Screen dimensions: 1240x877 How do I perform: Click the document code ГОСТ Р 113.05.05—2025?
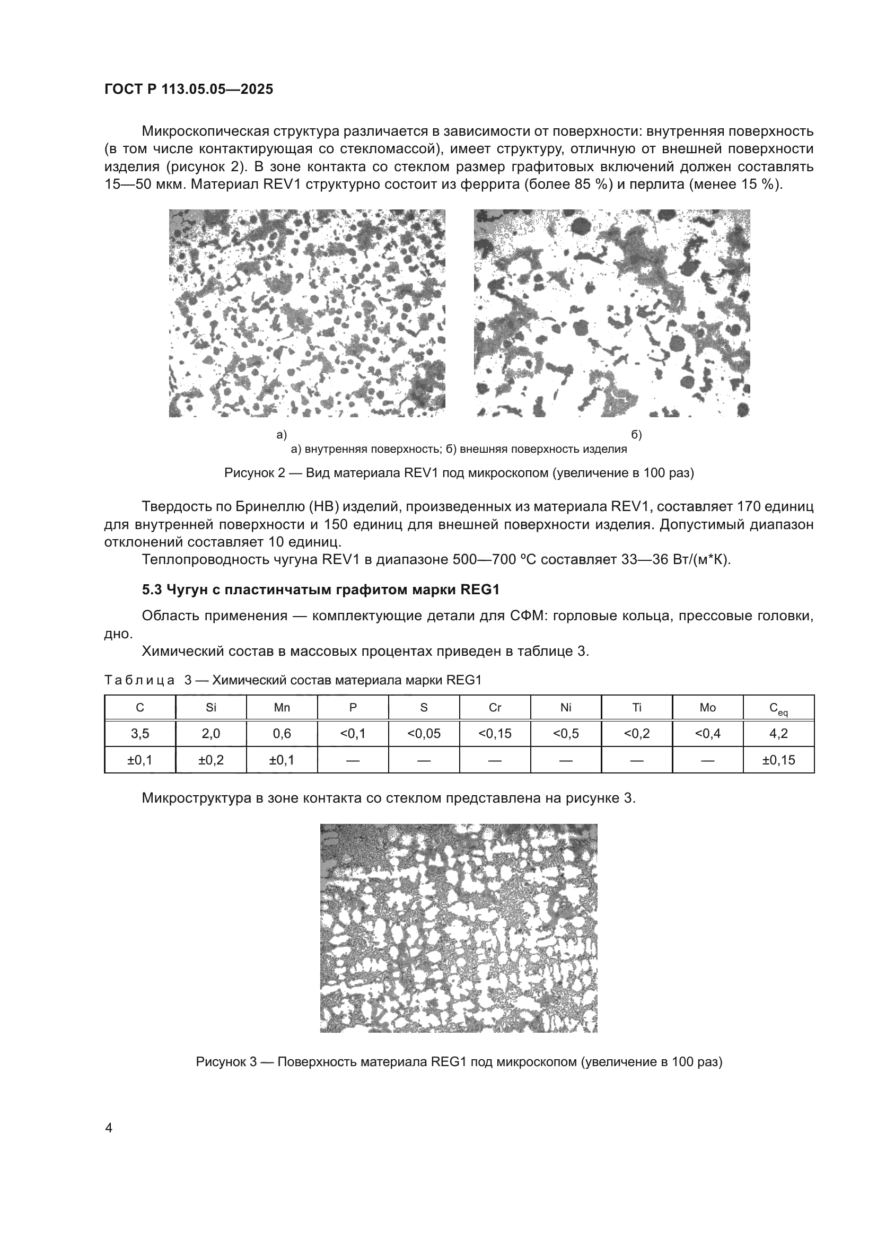click(188, 90)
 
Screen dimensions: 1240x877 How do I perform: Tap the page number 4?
click(109, 1128)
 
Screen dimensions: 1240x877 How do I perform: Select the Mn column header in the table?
click(282, 708)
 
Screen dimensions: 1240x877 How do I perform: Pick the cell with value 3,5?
click(140, 733)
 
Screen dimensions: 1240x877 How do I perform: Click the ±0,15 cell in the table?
click(778, 760)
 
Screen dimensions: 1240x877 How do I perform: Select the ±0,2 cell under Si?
click(211, 760)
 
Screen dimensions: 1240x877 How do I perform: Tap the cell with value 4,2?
click(778, 733)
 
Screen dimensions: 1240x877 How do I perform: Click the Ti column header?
click(637, 708)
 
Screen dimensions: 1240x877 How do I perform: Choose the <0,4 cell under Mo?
click(707, 733)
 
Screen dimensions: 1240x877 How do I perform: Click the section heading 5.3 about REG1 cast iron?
click(320, 590)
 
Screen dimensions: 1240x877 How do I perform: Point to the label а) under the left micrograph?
click(282, 435)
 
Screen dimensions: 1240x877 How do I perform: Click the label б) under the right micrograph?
click(636, 435)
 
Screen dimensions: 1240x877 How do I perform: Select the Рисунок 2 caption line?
click(459, 473)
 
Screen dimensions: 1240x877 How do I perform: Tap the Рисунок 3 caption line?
click(459, 1062)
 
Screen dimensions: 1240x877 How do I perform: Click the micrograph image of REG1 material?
click(459, 928)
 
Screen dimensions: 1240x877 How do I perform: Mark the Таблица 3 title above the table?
click(292, 680)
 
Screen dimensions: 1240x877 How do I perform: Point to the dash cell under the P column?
click(353, 760)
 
